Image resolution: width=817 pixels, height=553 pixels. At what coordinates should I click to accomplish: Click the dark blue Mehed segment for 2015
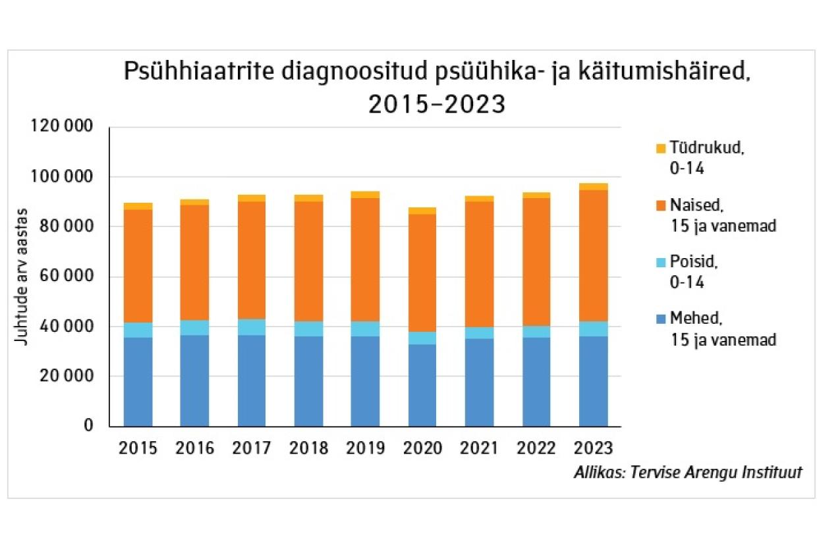(138, 382)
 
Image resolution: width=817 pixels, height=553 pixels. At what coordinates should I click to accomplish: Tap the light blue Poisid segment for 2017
(252, 327)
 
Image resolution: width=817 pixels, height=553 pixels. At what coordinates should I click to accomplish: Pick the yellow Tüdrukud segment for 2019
(365, 194)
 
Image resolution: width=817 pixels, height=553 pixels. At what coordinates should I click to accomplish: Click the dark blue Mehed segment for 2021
(479, 382)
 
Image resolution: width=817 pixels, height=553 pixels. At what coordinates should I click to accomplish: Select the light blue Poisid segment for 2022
(536, 331)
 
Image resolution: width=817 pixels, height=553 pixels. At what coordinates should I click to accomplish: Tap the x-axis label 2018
(308, 448)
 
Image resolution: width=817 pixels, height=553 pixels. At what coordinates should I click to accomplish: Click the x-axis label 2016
(195, 448)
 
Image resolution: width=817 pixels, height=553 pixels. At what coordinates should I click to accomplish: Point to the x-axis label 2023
(593, 448)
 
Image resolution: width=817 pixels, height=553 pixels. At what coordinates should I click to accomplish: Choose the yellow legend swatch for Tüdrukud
(662, 149)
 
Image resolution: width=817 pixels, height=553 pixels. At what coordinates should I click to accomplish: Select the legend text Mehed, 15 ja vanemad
(723, 330)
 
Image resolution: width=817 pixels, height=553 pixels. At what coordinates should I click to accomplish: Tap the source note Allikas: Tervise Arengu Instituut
(687, 473)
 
